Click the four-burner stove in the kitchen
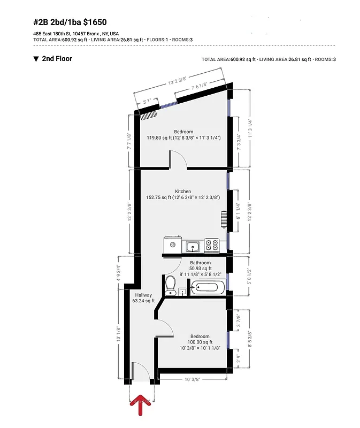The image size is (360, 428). click(212, 246)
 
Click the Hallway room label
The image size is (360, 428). click(143, 295)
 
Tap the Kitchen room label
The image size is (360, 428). click(183, 191)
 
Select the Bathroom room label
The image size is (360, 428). click(201, 263)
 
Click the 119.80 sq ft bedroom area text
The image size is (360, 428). click(183, 137)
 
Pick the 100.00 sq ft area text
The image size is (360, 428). click(199, 342)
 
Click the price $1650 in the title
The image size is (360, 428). click(95, 22)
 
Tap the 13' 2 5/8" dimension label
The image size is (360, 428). click(180, 82)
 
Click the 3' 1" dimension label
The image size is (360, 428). click(146, 99)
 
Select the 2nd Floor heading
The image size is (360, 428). click(57, 59)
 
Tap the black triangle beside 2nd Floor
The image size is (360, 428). click(36, 59)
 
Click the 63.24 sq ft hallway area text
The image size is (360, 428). click(143, 301)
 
